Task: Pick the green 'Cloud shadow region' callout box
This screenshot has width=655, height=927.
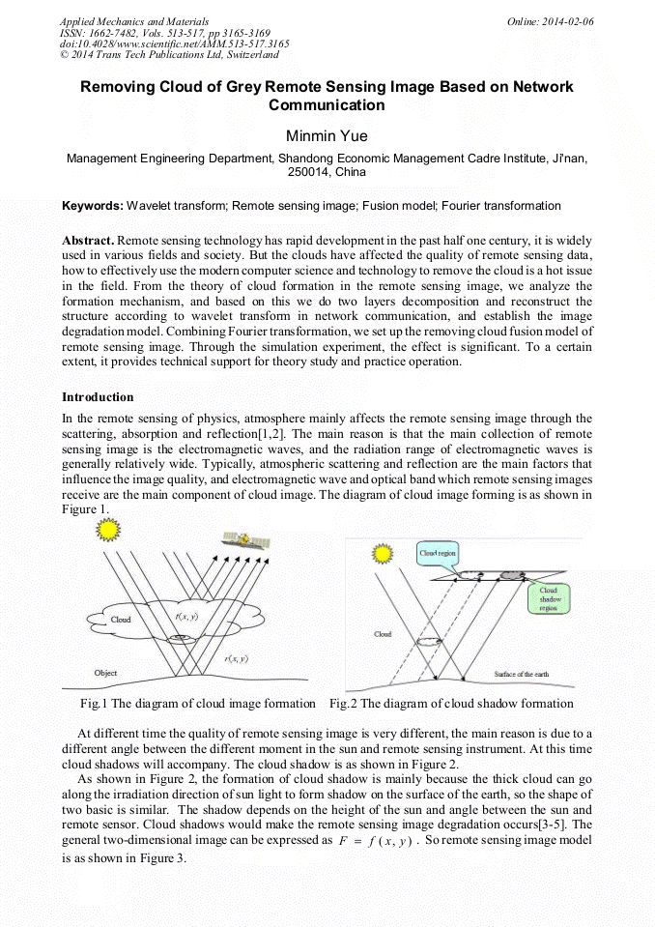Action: (548, 598)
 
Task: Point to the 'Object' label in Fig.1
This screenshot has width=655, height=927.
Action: (104, 673)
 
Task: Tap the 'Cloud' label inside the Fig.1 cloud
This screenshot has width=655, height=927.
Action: (121, 619)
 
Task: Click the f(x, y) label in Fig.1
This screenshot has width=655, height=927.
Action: (187, 616)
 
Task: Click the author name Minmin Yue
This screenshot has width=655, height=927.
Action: (327, 136)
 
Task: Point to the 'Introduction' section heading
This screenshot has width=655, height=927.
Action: (98, 397)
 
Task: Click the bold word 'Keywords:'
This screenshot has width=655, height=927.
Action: (93, 206)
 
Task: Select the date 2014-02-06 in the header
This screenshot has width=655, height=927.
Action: (567, 20)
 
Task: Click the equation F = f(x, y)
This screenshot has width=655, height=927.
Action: (372, 842)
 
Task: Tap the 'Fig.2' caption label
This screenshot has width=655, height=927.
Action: (343, 703)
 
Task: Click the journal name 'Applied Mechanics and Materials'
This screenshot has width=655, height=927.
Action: (133, 20)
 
